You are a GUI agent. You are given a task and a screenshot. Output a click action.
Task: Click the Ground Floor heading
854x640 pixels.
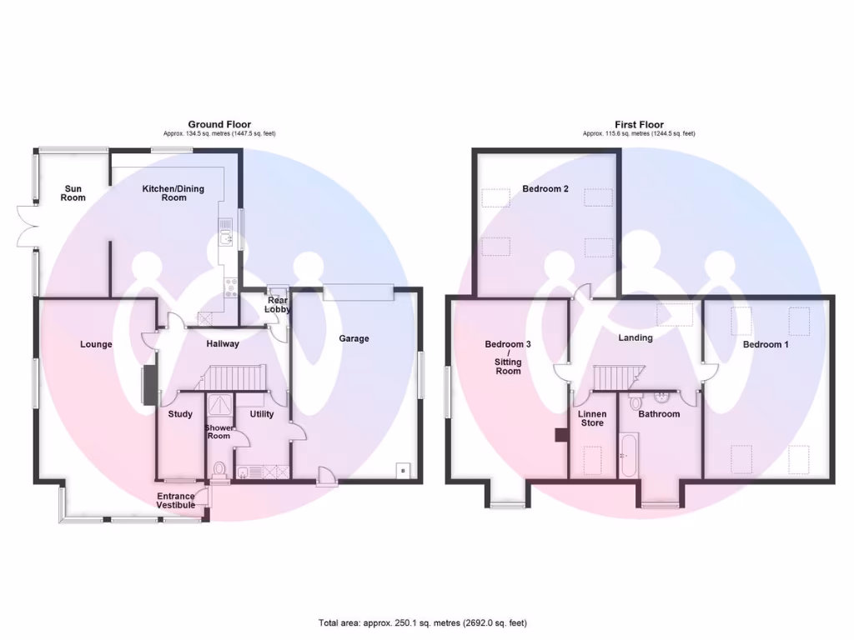[219, 124]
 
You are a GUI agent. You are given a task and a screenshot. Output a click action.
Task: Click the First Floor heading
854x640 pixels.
[639, 124]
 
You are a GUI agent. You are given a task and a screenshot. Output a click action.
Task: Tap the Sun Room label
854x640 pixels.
[73, 193]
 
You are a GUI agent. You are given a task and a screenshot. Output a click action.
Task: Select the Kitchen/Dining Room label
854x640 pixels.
[173, 193]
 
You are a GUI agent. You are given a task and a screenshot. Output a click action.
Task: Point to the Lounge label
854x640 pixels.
[96, 344]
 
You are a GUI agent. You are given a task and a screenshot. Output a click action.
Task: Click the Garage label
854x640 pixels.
[354, 338]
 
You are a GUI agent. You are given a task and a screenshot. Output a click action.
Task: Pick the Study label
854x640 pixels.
[180, 414]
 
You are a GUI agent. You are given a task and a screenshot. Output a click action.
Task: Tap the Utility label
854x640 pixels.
[262, 414]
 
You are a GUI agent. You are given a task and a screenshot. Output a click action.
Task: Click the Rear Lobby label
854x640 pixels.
[278, 305]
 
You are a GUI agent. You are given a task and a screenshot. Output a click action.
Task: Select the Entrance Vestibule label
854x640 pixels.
[176, 501]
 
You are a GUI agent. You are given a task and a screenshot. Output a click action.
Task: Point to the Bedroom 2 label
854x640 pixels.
[545, 189]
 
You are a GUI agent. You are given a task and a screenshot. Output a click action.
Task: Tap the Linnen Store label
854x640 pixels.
[592, 418]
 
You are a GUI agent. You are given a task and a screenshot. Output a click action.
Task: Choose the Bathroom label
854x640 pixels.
[659, 414]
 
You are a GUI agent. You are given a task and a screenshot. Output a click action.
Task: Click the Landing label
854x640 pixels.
[635, 338]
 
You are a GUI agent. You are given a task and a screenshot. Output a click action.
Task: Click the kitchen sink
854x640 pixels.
[225, 240]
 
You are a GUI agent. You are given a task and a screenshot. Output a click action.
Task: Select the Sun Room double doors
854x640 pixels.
[25, 227]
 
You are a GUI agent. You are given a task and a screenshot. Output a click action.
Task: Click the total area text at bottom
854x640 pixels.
[422, 622]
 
